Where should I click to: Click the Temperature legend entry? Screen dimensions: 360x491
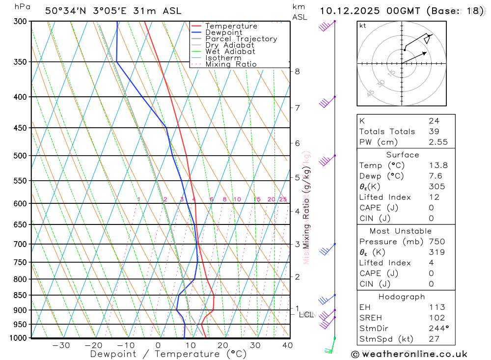pos(231,26)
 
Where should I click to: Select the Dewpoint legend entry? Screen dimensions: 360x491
pos(223,32)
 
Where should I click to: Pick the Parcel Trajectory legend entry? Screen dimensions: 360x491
pos(241,39)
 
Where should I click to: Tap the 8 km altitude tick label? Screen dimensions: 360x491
pos(297,71)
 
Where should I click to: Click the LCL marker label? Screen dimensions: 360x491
pos(306,314)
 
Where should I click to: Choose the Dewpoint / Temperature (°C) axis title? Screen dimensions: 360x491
pos(168,354)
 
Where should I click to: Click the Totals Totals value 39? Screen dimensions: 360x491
pos(434,131)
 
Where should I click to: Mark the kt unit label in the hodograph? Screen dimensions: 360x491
pos(362,26)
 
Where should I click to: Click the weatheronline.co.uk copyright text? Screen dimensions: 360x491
pos(409,354)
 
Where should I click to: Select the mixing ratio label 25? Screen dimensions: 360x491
pos(283,199)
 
